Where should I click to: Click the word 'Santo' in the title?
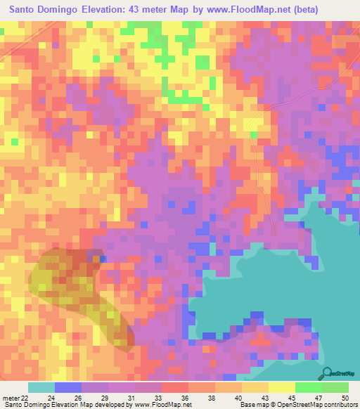tap(26, 10)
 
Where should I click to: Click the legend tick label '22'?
tap(27, 398)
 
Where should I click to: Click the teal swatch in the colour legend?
tap(41, 387)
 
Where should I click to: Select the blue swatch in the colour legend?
tap(68, 387)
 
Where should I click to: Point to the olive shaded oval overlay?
tap(77, 295)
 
